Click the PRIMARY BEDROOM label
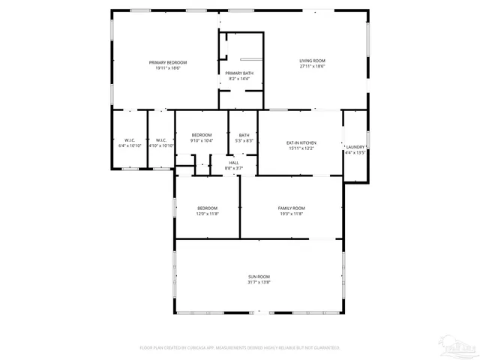(168, 62)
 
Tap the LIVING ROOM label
(312, 61)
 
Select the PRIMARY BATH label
(240, 73)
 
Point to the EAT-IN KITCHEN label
(301, 142)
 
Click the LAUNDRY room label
(355, 147)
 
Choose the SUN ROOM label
(259, 277)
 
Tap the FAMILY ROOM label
(291, 208)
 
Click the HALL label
(234, 163)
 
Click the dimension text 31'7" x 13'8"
(259, 283)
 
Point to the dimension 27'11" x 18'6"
(312, 67)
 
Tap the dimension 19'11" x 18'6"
(168, 68)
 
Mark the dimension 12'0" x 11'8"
(208, 214)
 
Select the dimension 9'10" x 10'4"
(202, 141)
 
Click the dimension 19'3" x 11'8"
(291, 214)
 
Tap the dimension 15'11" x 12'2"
(301, 148)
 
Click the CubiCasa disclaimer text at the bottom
(240, 348)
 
